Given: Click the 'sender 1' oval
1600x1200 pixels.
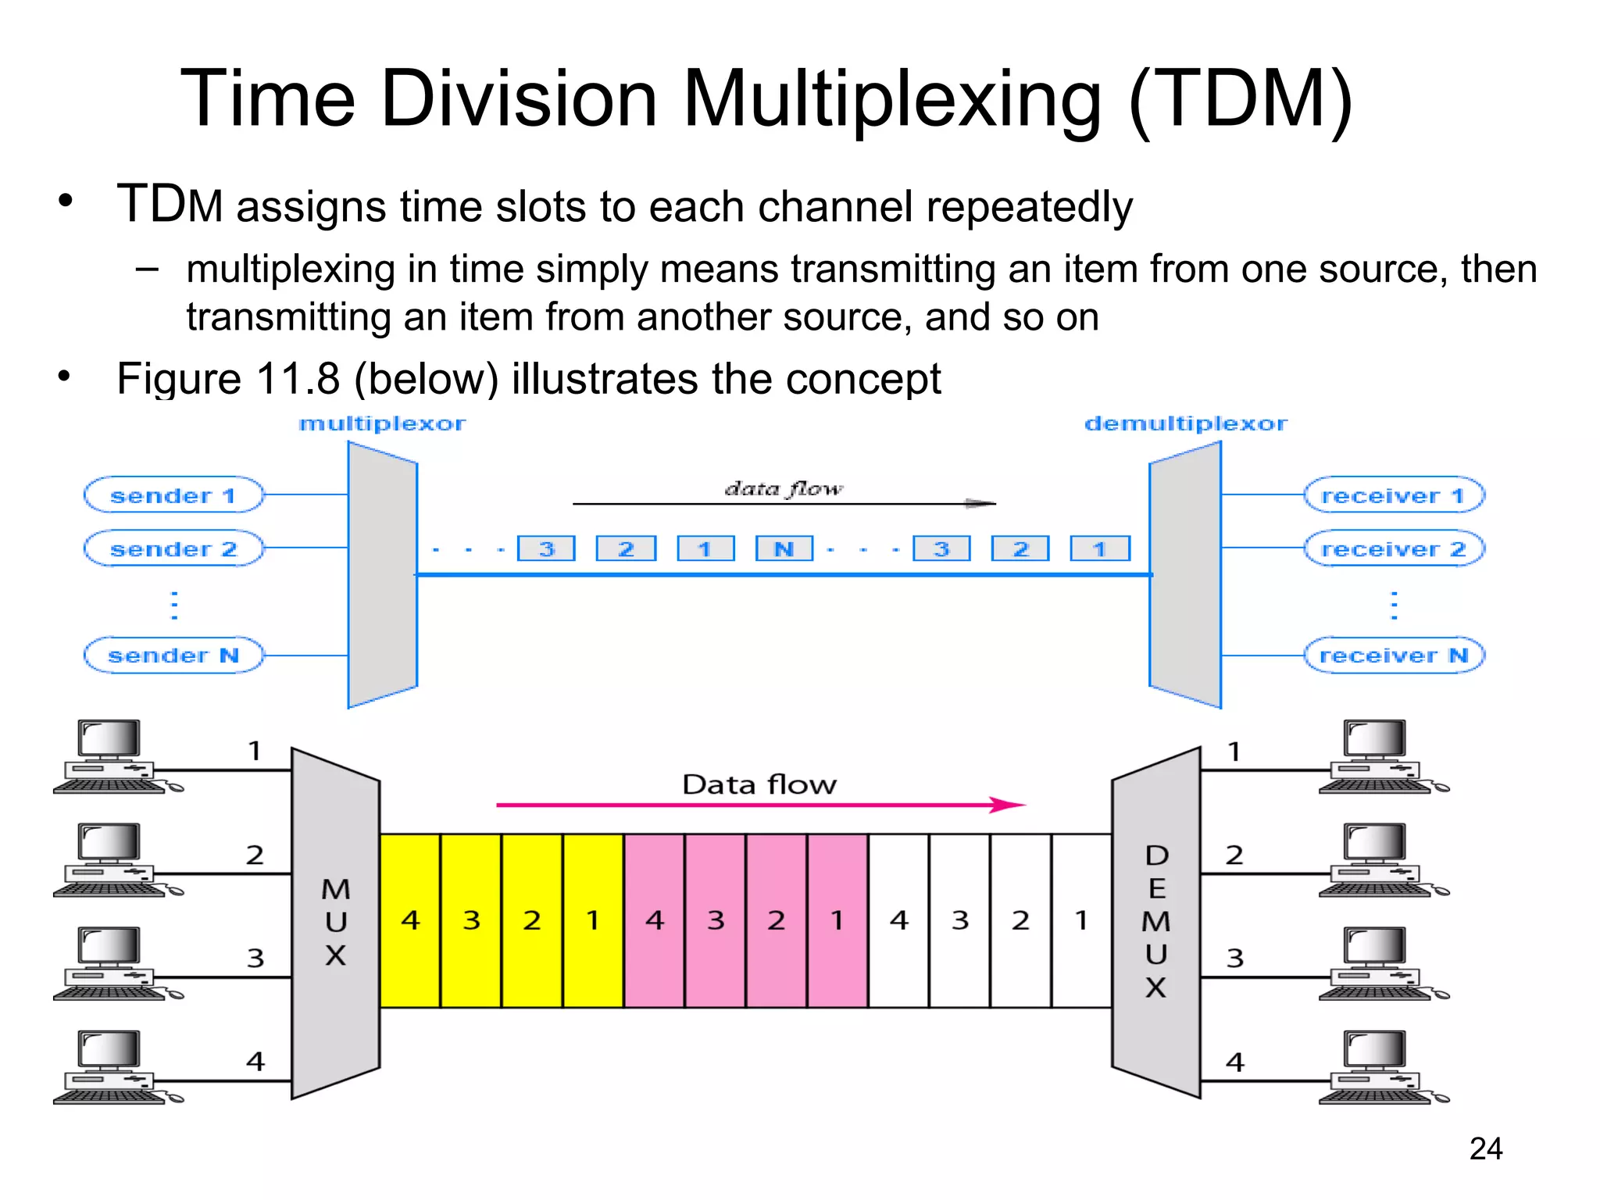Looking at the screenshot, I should [x=173, y=495].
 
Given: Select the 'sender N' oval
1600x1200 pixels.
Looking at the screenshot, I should [x=173, y=655].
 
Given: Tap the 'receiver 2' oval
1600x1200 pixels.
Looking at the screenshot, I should [x=1393, y=549].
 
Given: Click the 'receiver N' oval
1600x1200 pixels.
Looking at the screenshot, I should [x=1393, y=655].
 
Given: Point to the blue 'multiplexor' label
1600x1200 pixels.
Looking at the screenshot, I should [x=382, y=423].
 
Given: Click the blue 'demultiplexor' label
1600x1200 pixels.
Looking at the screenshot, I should [x=1185, y=423].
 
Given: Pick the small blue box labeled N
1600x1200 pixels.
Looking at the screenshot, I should [x=784, y=548].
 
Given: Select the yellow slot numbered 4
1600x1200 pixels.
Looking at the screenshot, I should [x=410, y=920].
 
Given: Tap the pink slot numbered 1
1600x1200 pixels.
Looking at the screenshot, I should [x=837, y=920].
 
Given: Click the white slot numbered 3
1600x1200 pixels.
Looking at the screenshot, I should [x=960, y=920].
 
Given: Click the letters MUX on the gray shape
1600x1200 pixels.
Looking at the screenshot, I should [x=336, y=922].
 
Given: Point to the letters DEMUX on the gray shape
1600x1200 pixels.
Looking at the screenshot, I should [x=1156, y=922].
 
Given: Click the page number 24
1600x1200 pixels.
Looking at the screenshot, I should [x=1485, y=1148].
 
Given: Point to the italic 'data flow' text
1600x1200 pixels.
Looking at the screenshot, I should [x=784, y=489].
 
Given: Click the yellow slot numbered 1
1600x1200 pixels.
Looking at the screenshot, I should [x=593, y=920].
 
